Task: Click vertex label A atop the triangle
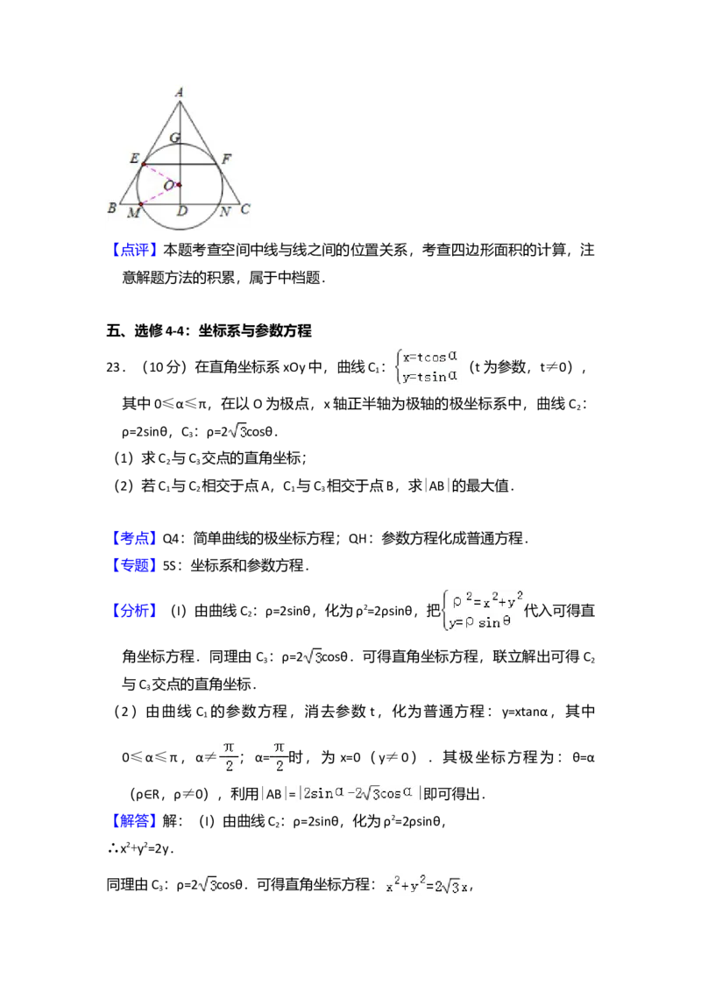pyautogui.click(x=179, y=92)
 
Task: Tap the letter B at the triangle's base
pyautogui.click(x=111, y=209)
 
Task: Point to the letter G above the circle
pyautogui.click(x=174, y=138)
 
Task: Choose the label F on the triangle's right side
pyautogui.click(x=226, y=159)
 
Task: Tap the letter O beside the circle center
pyautogui.click(x=168, y=186)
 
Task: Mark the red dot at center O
pyautogui.click(x=179, y=185)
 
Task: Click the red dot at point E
pyautogui.click(x=145, y=164)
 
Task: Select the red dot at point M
pyautogui.click(x=140, y=204)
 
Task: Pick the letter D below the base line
pyautogui.click(x=181, y=212)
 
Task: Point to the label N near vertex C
pyautogui.click(x=225, y=212)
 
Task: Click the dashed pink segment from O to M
pyautogui.click(x=159, y=195)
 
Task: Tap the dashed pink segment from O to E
pyautogui.click(x=161, y=174)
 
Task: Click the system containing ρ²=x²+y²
pyautogui.click(x=480, y=612)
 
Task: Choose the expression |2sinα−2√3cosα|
pyautogui.click(x=360, y=793)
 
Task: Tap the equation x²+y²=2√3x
pyautogui.click(x=424, y=884)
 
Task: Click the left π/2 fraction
pyautogui.click(x=229, y=756)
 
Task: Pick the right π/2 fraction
pyautogui.click(x=279, y=756)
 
